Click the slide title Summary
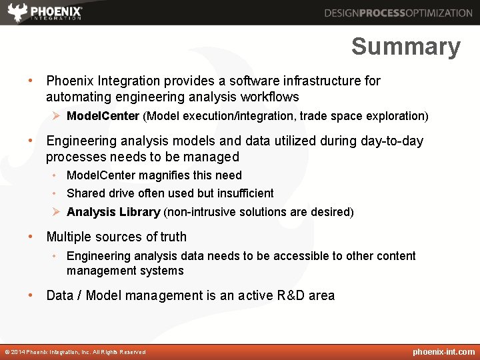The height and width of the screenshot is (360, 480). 405,47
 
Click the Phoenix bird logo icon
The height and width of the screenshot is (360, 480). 17,12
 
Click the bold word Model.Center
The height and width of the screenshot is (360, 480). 103,116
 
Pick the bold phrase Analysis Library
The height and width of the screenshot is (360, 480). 113,212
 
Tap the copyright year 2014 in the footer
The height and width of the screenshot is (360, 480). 18,352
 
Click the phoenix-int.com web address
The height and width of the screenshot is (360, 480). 443,352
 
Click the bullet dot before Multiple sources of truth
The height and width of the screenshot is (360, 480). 31,237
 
